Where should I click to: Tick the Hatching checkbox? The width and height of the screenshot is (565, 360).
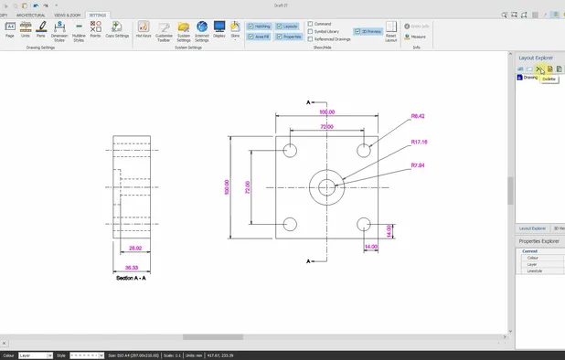[x=251, y=26]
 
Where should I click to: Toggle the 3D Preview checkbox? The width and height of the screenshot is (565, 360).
[x=357, y=31]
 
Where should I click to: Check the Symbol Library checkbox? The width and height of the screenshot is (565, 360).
[x=311, y=31]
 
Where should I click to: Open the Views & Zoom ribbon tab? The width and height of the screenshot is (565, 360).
[x=67, y=16]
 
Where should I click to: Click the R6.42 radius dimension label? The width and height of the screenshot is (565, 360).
[x=419, y=117]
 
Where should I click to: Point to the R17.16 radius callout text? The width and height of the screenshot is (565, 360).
[x=420, y=143]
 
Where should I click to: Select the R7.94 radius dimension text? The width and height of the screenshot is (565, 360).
[x=418, y=165]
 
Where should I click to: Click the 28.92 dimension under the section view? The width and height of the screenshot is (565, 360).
[x=135, y=249]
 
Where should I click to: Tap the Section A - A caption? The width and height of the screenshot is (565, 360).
[x=132, y=277]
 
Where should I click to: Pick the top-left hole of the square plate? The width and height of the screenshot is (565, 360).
[x=291, y=150]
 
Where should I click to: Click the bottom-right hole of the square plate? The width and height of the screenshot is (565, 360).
[x=364, y=224]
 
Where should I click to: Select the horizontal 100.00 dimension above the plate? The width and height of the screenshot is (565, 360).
[x=326, y=111]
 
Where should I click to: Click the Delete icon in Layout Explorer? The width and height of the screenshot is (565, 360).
[x=539, y=69]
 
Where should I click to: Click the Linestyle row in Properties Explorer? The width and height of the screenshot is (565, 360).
[x=534, y=271]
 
